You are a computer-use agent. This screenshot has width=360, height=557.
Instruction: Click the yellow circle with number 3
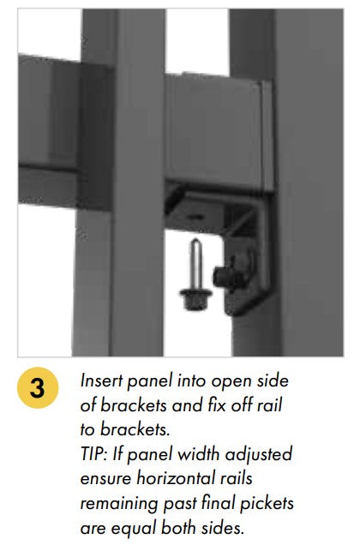(x=38, y=387)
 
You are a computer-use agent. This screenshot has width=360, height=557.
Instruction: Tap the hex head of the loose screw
(x=195, y=299)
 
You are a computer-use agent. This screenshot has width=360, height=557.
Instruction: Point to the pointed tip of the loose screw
(x=195, y=240)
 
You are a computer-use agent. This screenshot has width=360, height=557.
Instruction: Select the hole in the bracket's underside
(x=195, y=216)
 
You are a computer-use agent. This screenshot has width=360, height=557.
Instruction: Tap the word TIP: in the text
(x=93, y=454)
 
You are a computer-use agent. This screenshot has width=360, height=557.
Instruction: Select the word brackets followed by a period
(x=135, y=429)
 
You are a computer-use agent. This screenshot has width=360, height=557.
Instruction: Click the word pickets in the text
(x=267, y=503)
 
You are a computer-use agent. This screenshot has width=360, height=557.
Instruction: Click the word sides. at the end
(x=223, y=528)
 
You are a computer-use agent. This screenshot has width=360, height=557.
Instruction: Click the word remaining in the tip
(x=119, y=504)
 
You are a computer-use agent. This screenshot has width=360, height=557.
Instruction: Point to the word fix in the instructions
(x=216, y=404)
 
